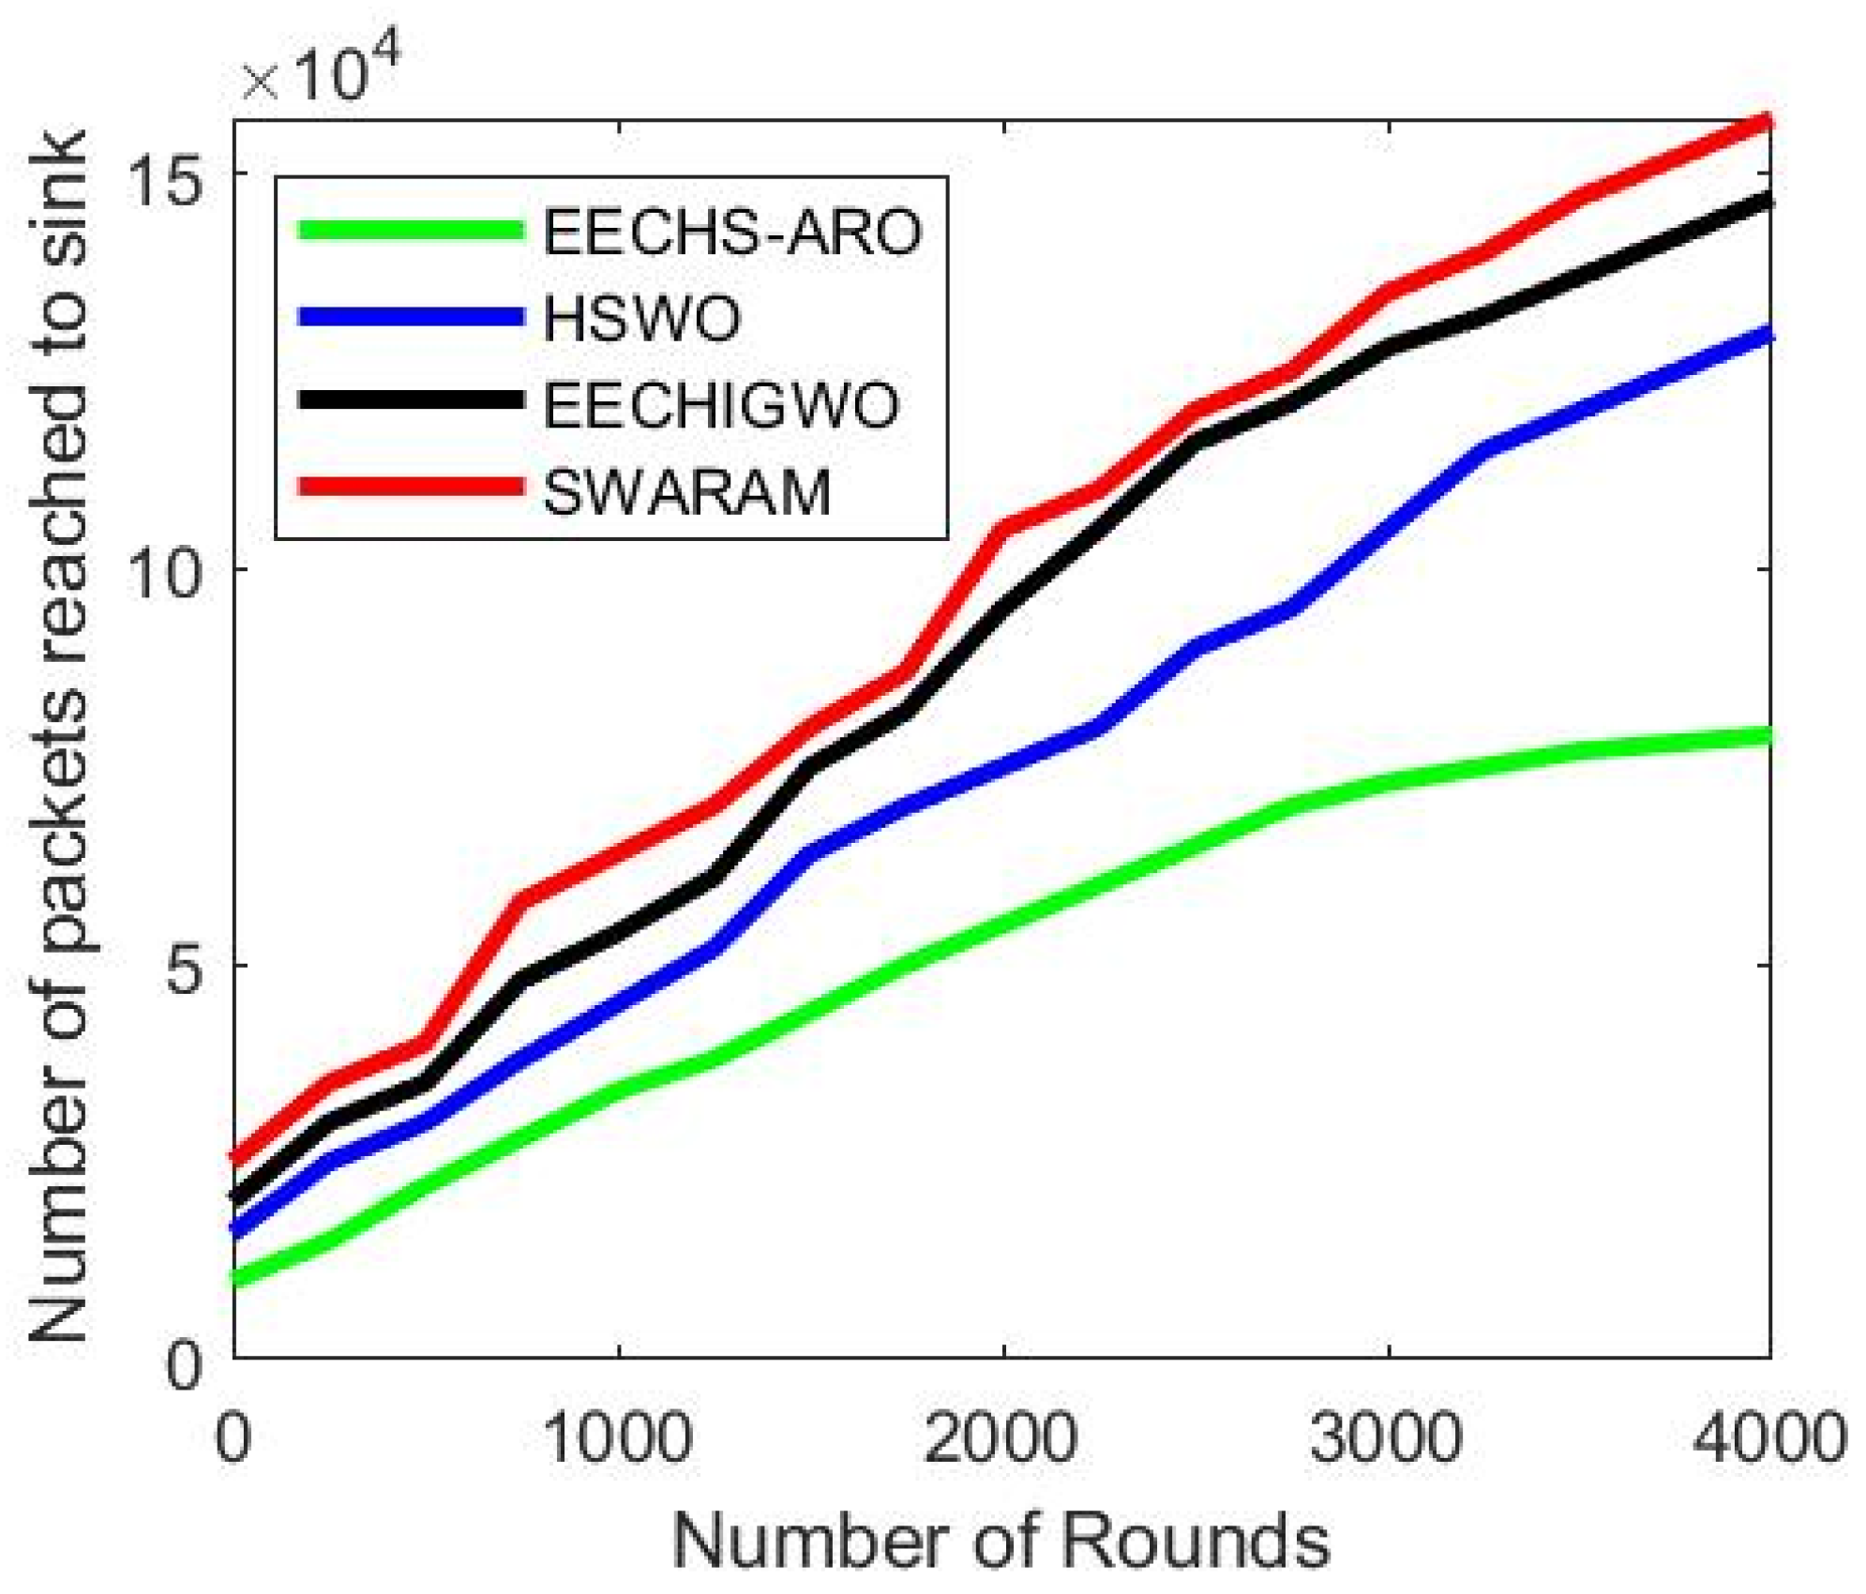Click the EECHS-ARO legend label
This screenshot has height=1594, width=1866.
[x=732, y=232]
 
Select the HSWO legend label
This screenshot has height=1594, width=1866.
[x=642, y=318]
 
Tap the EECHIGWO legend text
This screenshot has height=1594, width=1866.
[x=721, y=405]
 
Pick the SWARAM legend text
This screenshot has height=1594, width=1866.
[x=687, y=492]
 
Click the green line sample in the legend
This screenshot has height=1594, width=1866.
[x=410, y=230]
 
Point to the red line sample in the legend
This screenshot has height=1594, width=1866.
[x=410, y=486]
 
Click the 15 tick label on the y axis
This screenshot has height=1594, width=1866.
[x=166, y=174]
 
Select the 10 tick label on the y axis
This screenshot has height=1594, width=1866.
[x=166, y=570]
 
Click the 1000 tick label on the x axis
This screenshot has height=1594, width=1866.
[x=618, y=1437]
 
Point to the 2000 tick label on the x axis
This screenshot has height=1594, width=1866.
[x=1001, y=1437]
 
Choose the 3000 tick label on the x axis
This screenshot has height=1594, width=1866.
[x=1386, y=1437]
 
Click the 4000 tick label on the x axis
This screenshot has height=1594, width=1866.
[x=1768, y=1437]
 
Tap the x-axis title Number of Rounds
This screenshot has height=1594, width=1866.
[x=1001, y=1541]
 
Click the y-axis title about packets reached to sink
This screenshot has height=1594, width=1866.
[x=58, y=736]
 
